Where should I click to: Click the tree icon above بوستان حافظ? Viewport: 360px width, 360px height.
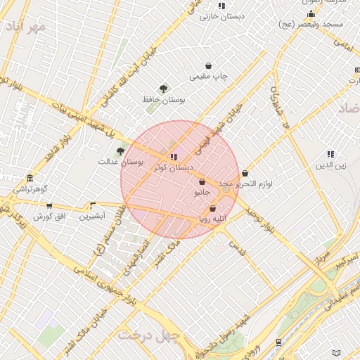pos(164,89)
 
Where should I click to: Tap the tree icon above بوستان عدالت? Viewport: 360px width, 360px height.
pos(121,150)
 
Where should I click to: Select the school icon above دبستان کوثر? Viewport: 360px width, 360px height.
pos(174,157)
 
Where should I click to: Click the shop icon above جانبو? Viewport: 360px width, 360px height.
pos(202,182)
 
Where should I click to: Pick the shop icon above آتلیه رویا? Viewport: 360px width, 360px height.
pos(213,208)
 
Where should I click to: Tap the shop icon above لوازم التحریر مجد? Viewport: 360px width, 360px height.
pos(245,173)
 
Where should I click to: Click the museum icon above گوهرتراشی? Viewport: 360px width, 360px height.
pos(30,179)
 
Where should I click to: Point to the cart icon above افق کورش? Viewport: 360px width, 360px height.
pos(49,206)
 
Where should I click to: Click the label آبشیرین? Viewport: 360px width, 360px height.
pos(91,216)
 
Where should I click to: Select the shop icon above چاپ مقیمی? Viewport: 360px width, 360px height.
pos(209,65)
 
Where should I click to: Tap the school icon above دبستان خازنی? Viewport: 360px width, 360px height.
pos(221,6)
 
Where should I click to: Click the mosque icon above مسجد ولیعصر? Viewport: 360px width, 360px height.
pos(311,13)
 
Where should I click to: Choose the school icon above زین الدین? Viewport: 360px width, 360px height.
pos(330,154)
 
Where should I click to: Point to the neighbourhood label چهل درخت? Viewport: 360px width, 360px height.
pos(149,335)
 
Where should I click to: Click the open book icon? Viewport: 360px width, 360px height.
pos(336,352)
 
